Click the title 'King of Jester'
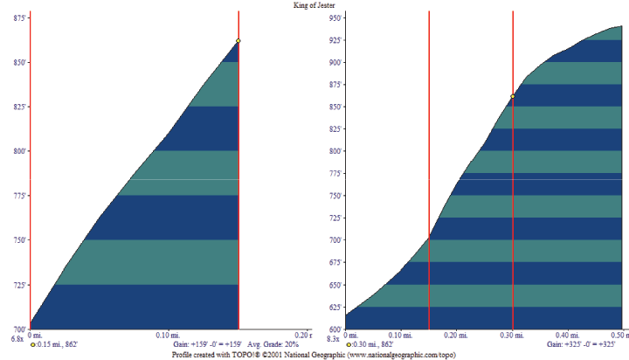314,5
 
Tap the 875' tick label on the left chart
17,17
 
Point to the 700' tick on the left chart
17,329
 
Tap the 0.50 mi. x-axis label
618,335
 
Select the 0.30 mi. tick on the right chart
512,335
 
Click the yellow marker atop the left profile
238,40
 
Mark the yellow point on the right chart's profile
512,96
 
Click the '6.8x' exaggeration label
17,338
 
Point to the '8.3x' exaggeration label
332,338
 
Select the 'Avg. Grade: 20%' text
273,345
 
